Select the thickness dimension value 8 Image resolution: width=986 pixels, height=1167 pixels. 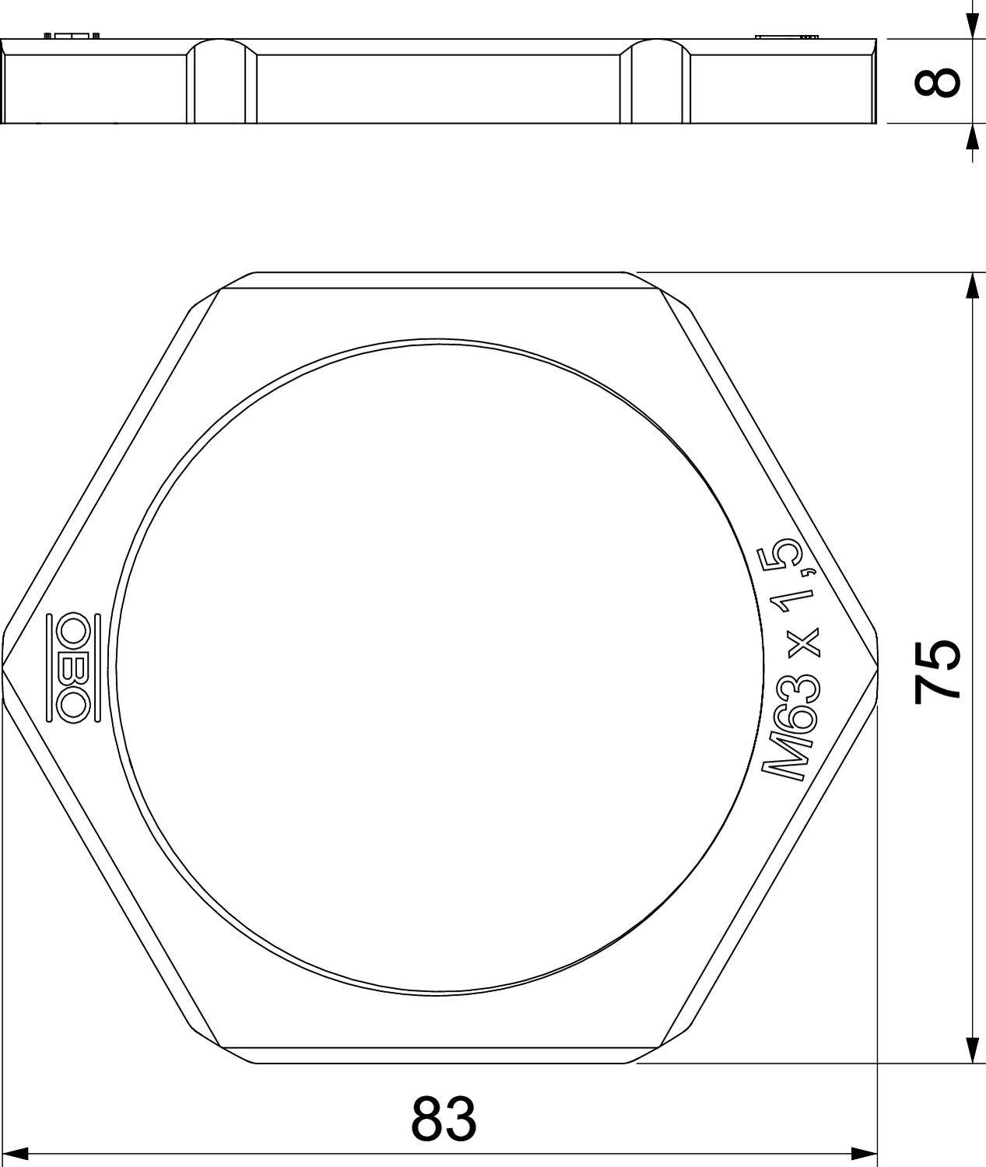936,82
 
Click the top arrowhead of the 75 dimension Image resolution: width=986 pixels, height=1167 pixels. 971,286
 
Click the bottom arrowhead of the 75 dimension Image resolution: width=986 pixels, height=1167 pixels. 971,1050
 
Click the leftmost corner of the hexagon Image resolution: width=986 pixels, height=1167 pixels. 4,667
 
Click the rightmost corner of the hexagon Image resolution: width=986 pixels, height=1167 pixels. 877,667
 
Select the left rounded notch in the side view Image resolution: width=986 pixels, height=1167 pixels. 222,82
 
